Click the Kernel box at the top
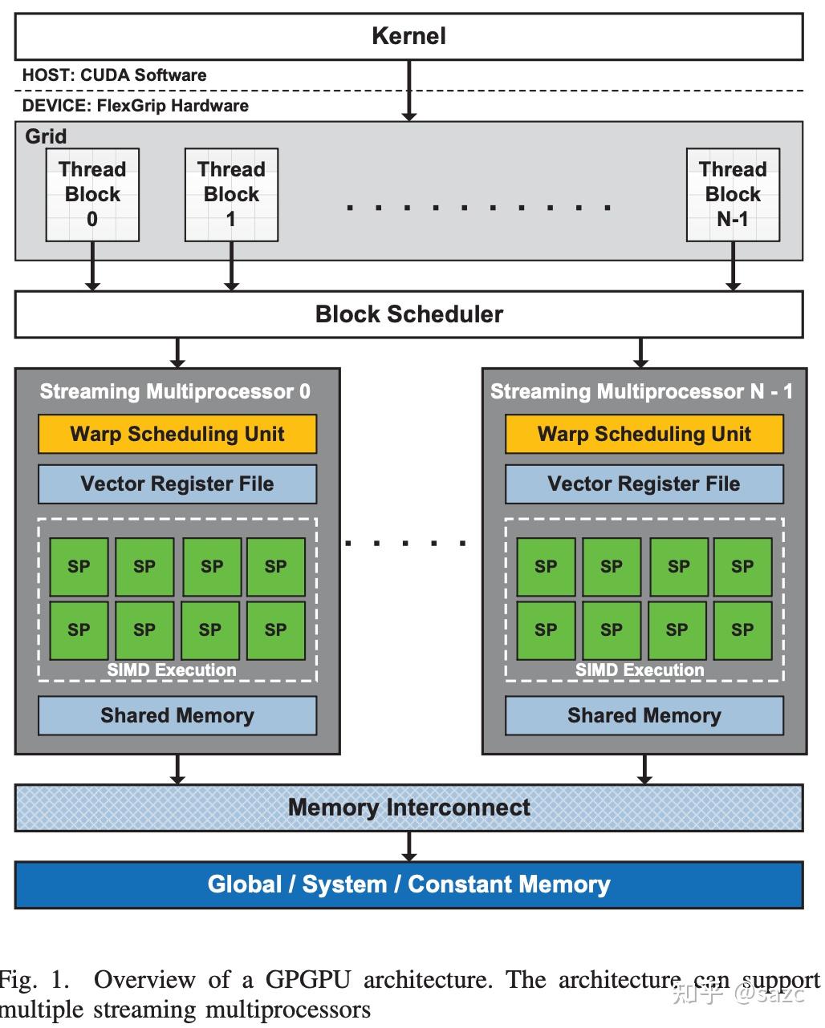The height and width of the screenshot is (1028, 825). pyautogui.click(x=409, y=36)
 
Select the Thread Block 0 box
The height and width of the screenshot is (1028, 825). pyautogui.click(x=92, y=194)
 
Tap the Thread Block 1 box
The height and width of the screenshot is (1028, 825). pyautogui.click(x=231, y=194)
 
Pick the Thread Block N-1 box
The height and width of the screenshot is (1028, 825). pyautogui.click(x=733, y=194)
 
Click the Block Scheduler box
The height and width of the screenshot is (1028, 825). pyautogui.click(x=409, y=314)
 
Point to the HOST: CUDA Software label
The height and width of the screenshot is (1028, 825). pyautogui.click(x=114, y=75)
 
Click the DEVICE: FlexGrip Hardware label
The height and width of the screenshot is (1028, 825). pyautogui.click(x=135, y=106)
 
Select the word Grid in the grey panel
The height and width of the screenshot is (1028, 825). pyautogui.click(x=46, y=136)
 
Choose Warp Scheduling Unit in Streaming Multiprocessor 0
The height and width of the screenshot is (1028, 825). pyautogui.click(x=177, y=434)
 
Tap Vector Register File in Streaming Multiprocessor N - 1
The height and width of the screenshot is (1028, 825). pyautogui.click(x=644, y=484)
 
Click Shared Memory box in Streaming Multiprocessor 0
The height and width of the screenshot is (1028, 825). pyautogui.click(x=177, y=715)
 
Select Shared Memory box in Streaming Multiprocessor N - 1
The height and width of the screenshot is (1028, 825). pyautogui.click(x=644, y=715)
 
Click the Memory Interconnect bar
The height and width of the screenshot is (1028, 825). pyautogui.click(x=409, y=807)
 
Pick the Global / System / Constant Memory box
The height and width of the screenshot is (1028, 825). pyautogui.click(x=409, y=884)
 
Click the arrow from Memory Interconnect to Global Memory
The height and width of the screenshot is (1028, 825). pyautogui.click(x=409, y=847)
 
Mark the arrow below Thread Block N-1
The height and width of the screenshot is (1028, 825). pyautogui.click(x=733, y=266)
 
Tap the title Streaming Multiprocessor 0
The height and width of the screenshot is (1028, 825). pyautogui.click(x=175, y=391)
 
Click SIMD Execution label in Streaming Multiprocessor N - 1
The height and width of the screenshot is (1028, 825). pyautogui.click(x=640, y=670)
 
